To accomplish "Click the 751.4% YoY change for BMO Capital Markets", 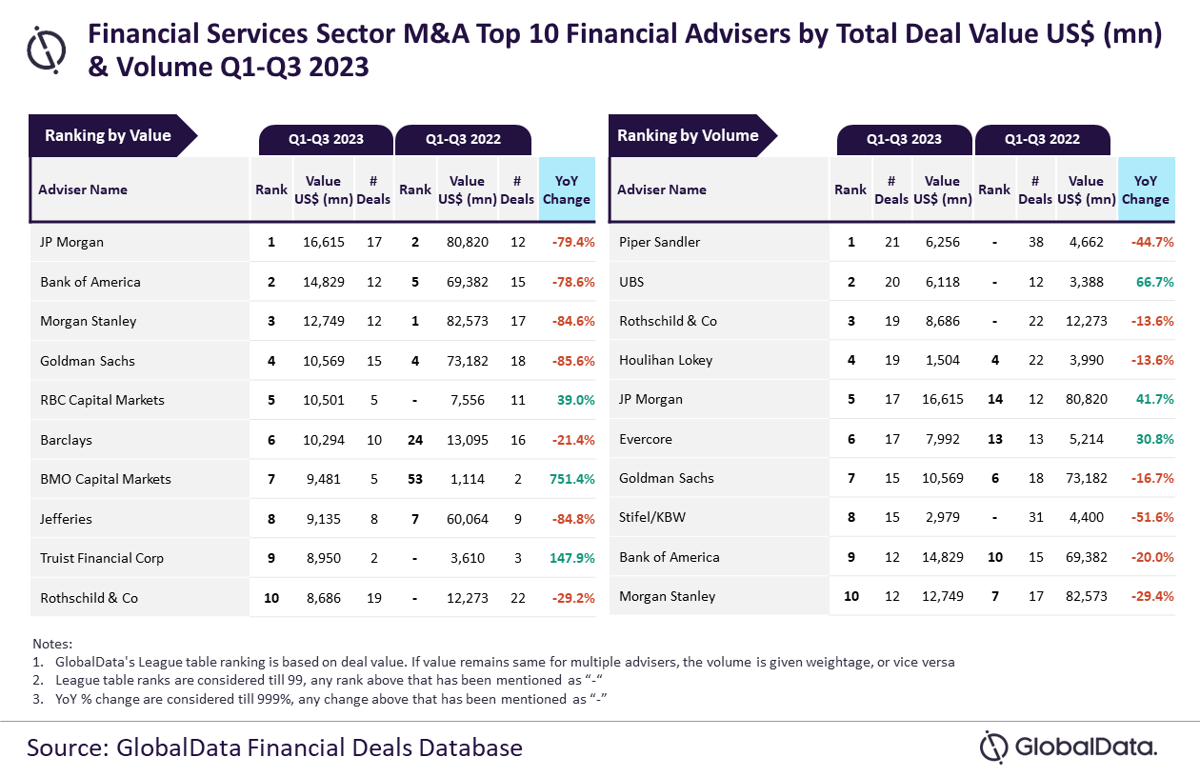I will click(x=572, y=479).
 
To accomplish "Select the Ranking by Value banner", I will click(x=109, y=135).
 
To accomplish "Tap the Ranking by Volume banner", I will click(x=688, y=135).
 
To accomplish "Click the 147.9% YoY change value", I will click(x=571, y=558).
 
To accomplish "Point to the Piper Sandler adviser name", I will click(x=659, y=242).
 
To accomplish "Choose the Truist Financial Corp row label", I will click(x=102, y=558).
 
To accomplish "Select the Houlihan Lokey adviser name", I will click(x=666, y=360).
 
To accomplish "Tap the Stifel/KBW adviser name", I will click(x=652, y=518).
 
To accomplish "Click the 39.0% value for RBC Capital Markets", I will click(x=575, y=400).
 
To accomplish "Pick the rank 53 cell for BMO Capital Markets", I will click(x=415, y=479).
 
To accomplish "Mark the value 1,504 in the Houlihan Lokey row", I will click(x=942, y=360).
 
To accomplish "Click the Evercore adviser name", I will click(x=646, y=439).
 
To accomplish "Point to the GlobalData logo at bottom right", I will click(x=1069, y=747).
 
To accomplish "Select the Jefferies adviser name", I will click(x=67, y=519).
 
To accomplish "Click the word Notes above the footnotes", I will click(x=52, y=644).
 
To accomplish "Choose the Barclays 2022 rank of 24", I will click(x=415, y=440).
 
